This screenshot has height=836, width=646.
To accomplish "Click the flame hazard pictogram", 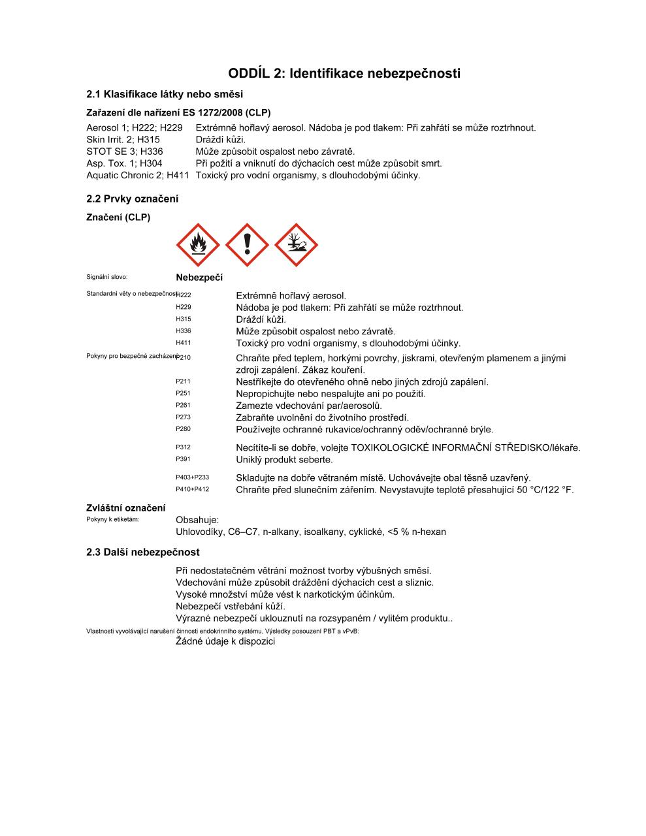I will click(x=197, y=245).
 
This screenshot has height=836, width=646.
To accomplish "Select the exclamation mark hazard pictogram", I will click(x=247, y=245).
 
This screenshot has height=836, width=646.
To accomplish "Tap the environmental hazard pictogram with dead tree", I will click(x=296, y=245).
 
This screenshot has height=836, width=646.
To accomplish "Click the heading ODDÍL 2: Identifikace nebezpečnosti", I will click(x=344, y=73).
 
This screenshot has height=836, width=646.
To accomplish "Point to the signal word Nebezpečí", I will click(x=199, y=278).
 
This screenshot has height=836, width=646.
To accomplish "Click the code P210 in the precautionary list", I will click(x=184, y=358).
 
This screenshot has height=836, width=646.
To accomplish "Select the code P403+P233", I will click(x=192, y=477).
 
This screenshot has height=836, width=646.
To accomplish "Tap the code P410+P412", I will click(x=192, y=489).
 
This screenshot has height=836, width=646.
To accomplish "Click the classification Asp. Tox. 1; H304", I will click(x=124, y=163).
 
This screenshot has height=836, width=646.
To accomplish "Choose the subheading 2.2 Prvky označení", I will click(x=132, y=199).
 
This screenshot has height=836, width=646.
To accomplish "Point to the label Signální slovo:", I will click(x=106, y=278).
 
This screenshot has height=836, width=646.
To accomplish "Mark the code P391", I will click(x=183, y=459).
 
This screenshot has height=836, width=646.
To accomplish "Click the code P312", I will click(x=183, y=447).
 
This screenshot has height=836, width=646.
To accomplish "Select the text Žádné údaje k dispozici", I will click(x=225, y=641).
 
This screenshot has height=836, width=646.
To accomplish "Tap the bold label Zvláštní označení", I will click(x=125, y=508).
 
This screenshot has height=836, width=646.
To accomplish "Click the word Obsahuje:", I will click(x=197, y=520).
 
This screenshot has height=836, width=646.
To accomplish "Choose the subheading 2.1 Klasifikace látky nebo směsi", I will click(x=165, y=94).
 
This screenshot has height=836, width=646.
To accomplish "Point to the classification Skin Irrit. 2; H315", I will click(x=123, y=139).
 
